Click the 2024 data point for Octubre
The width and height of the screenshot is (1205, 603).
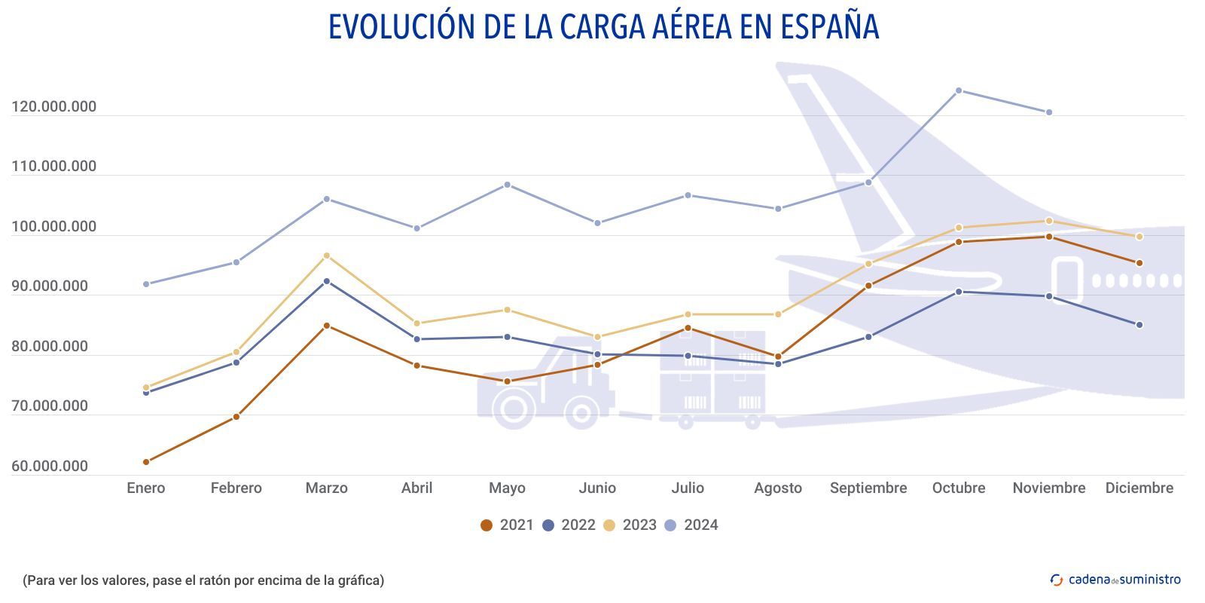click(959, 90)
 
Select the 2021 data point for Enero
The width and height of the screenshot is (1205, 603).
click(146, 462)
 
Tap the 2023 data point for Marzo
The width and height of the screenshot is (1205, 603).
click(327, 256)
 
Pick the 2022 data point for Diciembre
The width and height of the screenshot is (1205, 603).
click(1139, 325)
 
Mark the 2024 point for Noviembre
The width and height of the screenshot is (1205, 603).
click(1049, 112)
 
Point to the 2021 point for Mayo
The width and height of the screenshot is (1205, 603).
click(508, 381)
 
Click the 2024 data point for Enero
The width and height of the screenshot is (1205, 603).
click(146, 284)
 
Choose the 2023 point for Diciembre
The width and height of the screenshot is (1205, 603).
click(1139, 237)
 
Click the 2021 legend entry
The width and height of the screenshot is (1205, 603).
click(507, 525)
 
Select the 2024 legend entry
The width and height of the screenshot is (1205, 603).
click(691, 525)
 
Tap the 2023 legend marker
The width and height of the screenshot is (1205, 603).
click(610, 525)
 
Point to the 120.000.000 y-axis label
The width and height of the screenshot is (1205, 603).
click(54, 107)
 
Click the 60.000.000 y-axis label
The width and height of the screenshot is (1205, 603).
click(50, 467)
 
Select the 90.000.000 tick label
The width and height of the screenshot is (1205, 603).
click(50, 286)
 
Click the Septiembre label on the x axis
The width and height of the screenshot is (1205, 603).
click(868, 488)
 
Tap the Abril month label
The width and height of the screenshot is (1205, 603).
click(417, 488)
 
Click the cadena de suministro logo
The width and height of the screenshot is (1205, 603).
click(1115, 580)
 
